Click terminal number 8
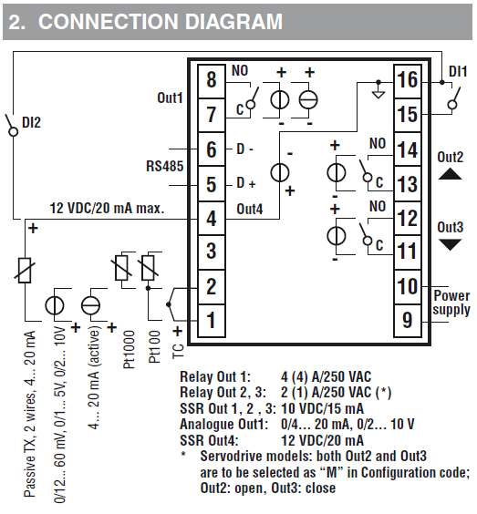(212, 79)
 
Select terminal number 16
(407, 79)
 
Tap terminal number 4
(212, 218)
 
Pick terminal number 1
(212, 320)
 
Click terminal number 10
(407, 286)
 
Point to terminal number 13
(407, 184)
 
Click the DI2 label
(31, 123)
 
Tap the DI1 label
(458, 71)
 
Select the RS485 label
(165, 166)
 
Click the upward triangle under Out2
(451, 174)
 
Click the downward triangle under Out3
(451, 244)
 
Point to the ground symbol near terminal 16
(378, 92)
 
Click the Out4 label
(250, 209)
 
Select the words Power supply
(451, 303)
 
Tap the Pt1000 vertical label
(129, 349)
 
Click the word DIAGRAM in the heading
(233, 22)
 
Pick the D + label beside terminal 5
(246, 183)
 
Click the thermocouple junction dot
(169, 305)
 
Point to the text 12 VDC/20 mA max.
(107, 208)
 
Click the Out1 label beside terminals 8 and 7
(170, 98)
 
